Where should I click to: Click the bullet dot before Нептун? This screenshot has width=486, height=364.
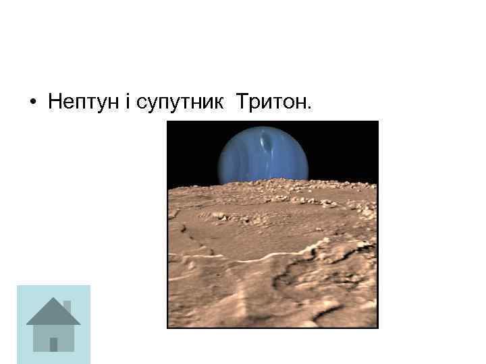pyautogui.click(x=32, y=104)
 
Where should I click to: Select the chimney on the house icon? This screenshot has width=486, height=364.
pyautogui.click(x=66, y=307)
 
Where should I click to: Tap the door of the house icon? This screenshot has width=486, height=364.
pyautogui.click(x=53, y=344)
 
